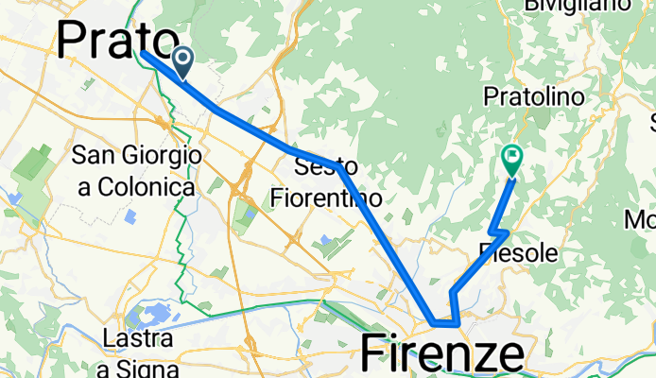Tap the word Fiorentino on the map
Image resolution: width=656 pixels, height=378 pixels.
pos(326,198)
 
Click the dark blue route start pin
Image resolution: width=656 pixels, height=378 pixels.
pos(180,61)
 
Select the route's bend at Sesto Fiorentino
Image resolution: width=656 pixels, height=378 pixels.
pos(338,166)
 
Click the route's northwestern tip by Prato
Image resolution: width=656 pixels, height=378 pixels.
pos(144,52)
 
